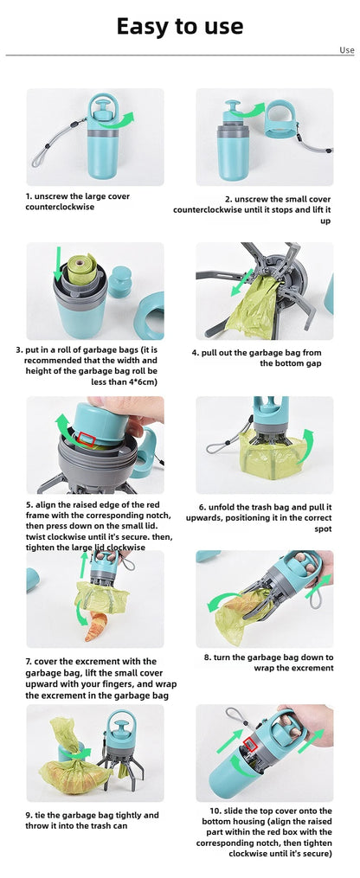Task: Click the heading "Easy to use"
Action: [x=180, y=26]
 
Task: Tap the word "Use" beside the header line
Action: [x=346, y=50]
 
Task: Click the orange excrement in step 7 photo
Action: [x=96, y=626]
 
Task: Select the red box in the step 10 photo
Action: [x=250, y=746]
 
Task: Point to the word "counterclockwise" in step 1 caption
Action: [x=60, y=207]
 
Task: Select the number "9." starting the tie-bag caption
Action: [x=29, y=815]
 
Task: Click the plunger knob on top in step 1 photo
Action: [x=102, y=106]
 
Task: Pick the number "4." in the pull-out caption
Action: [x=196, y=353]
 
